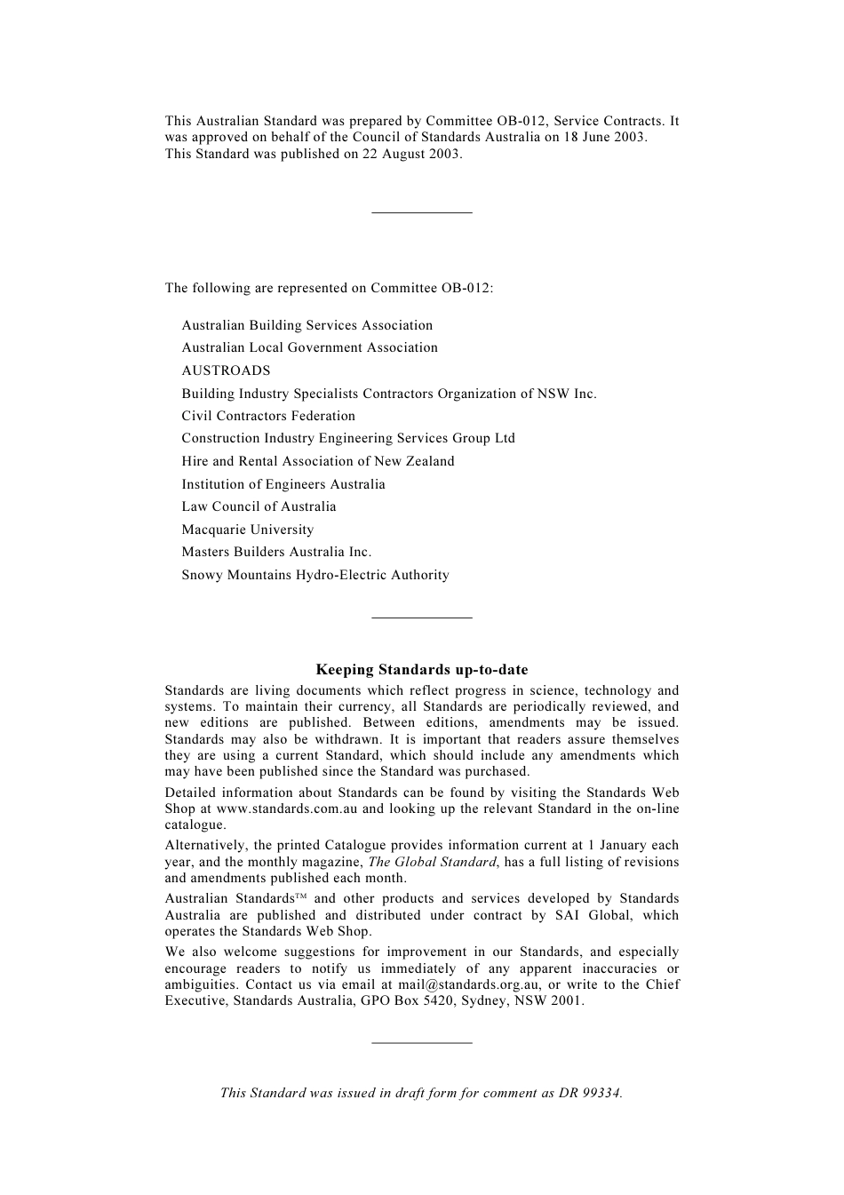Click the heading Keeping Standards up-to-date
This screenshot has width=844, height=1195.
point(422,670)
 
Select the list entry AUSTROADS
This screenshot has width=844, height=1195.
point(226,370)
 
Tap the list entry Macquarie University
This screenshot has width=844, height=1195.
point(247,530)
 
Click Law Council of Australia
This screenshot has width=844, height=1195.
point(259,506)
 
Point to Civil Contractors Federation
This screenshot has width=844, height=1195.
point(268,416)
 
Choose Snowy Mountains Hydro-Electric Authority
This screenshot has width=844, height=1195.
point(315,575)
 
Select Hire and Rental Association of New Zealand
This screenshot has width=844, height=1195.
point(318,461)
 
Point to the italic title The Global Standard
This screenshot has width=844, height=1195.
point(432,862)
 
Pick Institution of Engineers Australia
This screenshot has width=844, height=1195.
point(283,484)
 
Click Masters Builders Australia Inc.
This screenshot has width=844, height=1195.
point(276,552)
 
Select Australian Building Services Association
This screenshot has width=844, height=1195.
point(307,325)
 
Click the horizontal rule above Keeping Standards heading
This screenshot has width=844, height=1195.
point(422,617)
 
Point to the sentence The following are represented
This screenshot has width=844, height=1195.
point(329,288)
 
